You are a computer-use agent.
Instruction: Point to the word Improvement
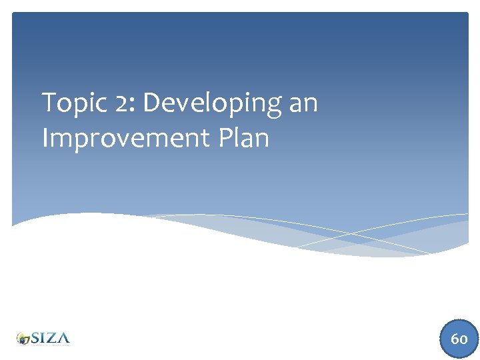tap(127, 138)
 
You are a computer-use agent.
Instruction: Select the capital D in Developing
tap(151, 103)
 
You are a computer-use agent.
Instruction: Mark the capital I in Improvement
tap(45, 138)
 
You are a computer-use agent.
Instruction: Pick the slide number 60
tap(459, 339)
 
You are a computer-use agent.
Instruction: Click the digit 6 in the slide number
tap(455, 339)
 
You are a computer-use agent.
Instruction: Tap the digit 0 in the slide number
tap(463, 339)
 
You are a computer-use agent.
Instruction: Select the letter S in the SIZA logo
tap(35, 337)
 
